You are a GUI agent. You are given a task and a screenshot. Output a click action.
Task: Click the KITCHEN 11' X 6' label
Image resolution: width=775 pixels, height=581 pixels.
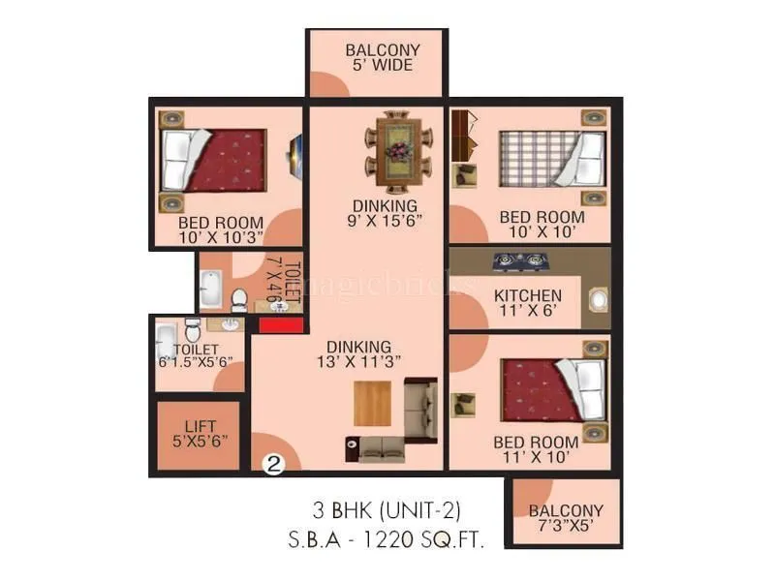[527, 303]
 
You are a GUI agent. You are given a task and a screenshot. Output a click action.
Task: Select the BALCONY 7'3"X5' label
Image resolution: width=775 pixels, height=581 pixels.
[566, 518]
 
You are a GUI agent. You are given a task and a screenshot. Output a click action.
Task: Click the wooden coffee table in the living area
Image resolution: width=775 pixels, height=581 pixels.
[372, 404]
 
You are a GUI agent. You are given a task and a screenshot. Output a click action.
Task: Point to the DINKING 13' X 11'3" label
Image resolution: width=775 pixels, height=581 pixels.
[358, 353]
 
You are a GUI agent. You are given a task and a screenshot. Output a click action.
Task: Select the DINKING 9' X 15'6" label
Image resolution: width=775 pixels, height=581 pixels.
[386, 213]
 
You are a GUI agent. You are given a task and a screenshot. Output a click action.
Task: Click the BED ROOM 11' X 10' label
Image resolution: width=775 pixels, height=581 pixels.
[536, 449]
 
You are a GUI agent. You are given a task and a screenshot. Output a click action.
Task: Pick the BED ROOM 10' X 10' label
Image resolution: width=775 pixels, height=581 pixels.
[542, 225]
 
